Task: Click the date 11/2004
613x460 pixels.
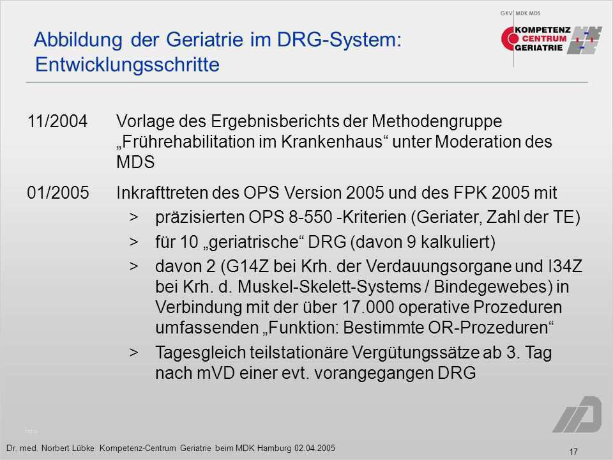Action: click(x=57, y=121)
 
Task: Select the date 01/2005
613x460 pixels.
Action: click(x=58, y=193)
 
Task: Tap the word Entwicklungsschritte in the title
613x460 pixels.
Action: click(x=128, y=65)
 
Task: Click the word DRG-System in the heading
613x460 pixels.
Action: click(x=339, y=40)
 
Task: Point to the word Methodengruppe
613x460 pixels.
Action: click(x=437, y=121)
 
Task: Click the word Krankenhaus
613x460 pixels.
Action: click(x=331, y=142)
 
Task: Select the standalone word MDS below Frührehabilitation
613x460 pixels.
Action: click(x=135, y=162)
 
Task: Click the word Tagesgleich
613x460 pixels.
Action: click(x=200, y=353)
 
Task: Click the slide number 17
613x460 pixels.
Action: click(x=573, y=452)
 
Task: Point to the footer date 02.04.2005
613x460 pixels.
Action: click(x=314, y=448)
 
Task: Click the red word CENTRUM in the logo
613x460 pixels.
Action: click(x=544, y=39)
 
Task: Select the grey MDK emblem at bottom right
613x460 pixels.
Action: click(x=577, y=414)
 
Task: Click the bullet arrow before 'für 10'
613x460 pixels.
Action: click(x=134, y=241)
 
